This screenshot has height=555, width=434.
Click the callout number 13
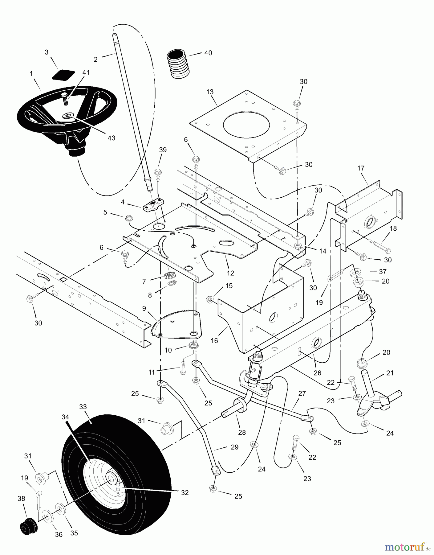210,92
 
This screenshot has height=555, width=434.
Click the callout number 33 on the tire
83,407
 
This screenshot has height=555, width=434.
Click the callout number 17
361,168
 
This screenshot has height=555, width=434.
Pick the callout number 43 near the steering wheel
112,138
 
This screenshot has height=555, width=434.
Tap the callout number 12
230,273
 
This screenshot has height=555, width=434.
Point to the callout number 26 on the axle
317,373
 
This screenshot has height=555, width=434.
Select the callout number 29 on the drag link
235,447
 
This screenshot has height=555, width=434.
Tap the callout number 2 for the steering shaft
95,60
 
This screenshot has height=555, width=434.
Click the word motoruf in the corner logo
404,547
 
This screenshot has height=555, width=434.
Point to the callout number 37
383,271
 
